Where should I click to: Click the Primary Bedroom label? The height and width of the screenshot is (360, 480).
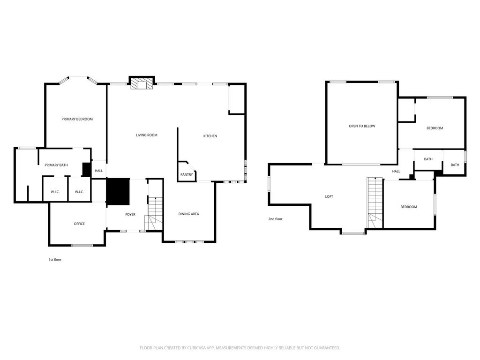click(x=77, y=119)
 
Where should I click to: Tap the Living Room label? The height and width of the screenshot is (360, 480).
click(x=147, y=135)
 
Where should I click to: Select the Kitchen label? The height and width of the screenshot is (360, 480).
click(x=210, y=136)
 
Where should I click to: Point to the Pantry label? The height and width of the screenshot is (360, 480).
click(x=187, y=174)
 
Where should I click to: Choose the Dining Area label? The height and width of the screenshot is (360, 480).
click(x=188, y=214)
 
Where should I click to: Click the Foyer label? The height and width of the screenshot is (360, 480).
click(x=130, y=215)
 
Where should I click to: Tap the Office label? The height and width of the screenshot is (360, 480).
click(x=79, y=224)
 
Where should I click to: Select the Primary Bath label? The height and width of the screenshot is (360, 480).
click(x=56, y=165)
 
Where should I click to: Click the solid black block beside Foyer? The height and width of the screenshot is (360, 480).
click(x=118, y=192)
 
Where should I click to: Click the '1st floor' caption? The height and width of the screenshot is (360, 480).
click(x=55, y=260)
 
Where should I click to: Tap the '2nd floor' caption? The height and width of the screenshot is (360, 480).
click(x=275, y=219)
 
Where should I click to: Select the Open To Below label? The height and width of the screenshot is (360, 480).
click(x=362, y=126)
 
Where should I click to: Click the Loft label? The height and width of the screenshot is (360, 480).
click(x=329, y=196)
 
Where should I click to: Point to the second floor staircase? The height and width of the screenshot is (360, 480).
click(x=375, y=202)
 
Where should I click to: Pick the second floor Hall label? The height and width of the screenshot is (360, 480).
click(x=396, y=172)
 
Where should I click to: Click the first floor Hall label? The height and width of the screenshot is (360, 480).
click(x=98, y=171)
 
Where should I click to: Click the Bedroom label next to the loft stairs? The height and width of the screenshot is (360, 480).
click(x=409, y=207)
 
